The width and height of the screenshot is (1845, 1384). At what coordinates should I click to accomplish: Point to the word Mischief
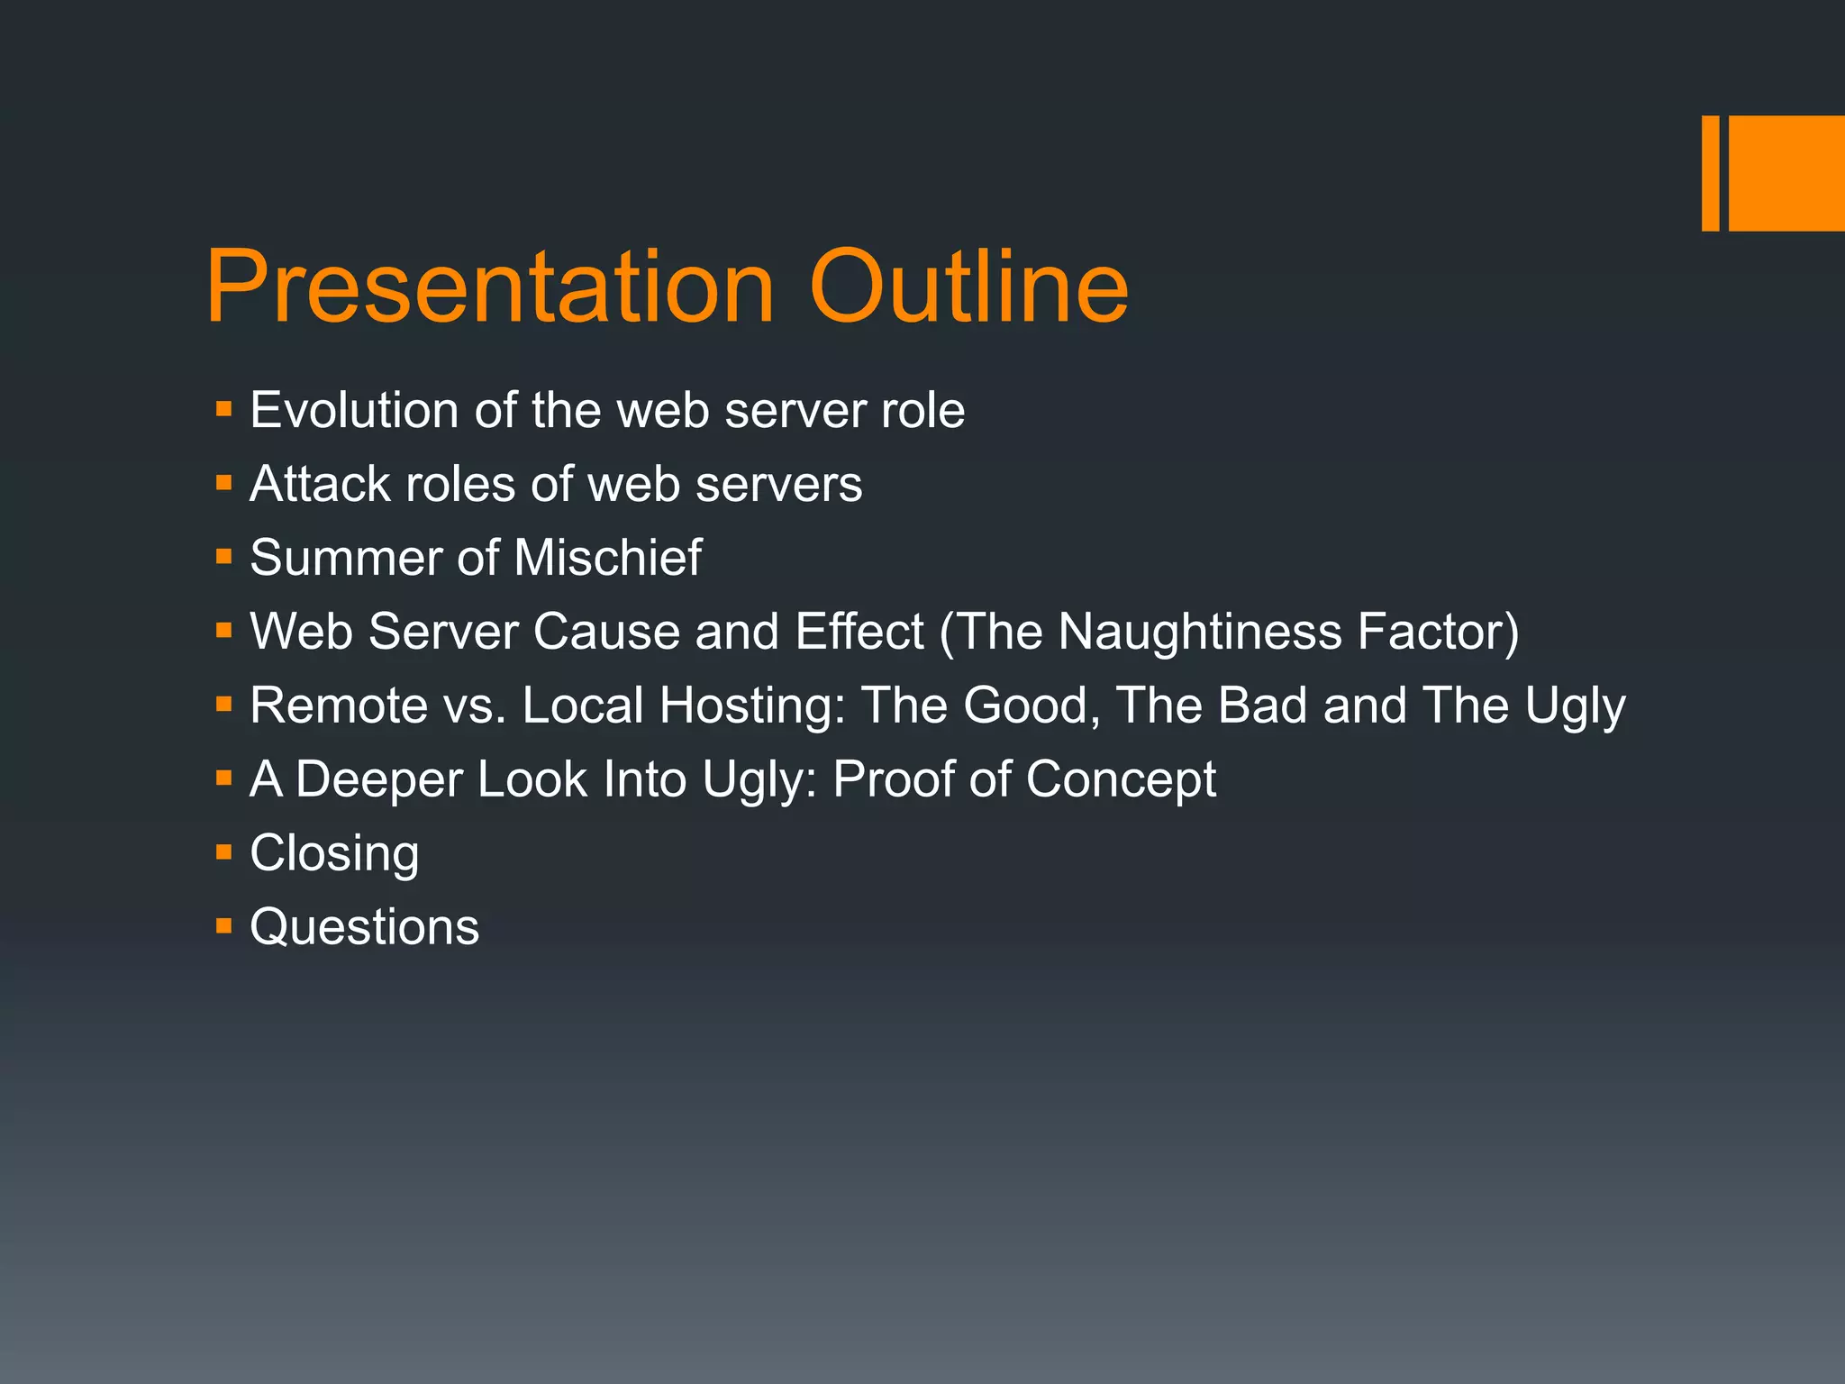[x=608, y=558]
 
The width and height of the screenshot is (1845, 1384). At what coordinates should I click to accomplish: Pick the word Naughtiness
[x=1200, y=632]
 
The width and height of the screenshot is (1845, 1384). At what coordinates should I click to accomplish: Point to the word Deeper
[x=378, y=780]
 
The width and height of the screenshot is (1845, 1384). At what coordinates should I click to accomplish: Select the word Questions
[x=364, y=927]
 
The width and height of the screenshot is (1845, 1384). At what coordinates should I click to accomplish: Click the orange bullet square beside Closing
[x=224, y=851]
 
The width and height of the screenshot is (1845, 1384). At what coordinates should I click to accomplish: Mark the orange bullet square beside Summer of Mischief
[x=224, y=557]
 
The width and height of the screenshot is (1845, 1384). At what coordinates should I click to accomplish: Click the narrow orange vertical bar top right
[x=1710, y=173]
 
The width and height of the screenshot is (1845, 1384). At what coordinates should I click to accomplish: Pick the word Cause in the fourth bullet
[x=605, y=632]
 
